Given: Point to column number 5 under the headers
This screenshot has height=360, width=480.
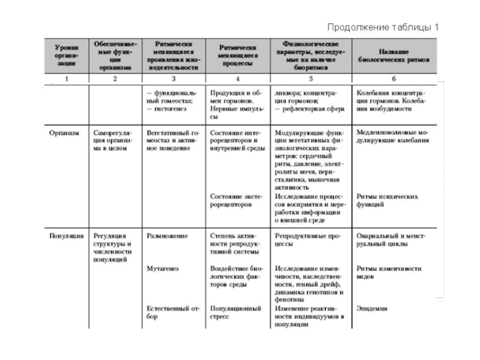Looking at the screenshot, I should (x=310, y=79).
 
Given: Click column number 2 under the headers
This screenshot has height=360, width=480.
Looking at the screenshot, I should (x=115, y=79).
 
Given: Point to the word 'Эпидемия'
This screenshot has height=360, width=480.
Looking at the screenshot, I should (x=372, y=309).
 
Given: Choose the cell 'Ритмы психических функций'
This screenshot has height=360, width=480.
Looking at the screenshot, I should (x=386, y=200).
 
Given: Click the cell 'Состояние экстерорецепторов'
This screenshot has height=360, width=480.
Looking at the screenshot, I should (x=236, y=200).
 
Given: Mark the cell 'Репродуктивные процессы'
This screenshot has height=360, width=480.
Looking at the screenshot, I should (x=304, y=240).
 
